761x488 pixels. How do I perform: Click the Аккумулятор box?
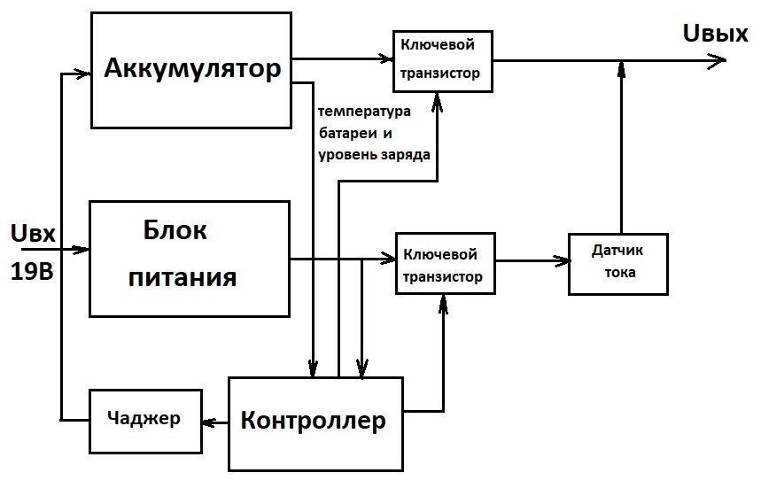(x=191, y=69)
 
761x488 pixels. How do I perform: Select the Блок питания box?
(x=190, y=258)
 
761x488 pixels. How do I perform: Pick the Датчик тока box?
(x=617, y=262)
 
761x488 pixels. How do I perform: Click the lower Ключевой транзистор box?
(x=446, y=263)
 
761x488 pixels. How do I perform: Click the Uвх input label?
(x=34, y=235)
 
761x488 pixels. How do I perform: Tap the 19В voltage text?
(x=33, y=271)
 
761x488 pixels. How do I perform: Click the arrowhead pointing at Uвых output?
(x=716, y=60)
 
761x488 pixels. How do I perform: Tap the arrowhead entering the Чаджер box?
(x=209, y=422)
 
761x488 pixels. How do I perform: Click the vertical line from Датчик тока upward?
(x=622, y=151)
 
